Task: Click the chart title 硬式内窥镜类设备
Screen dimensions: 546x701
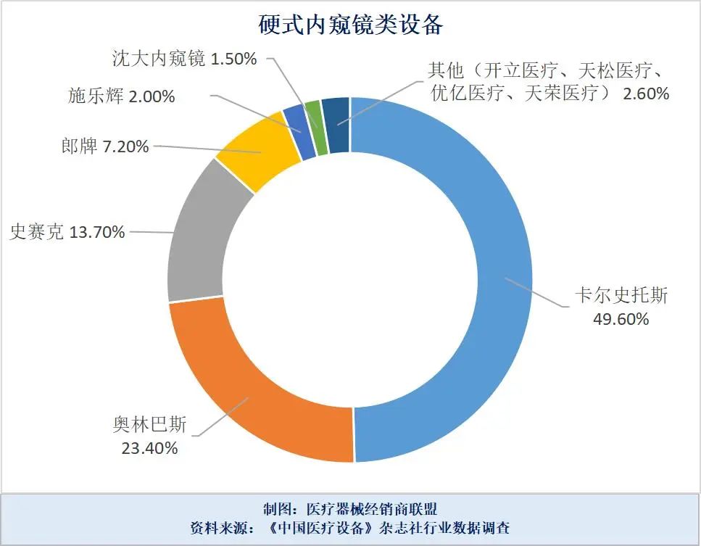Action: pyautogui.click(x=351, y=25)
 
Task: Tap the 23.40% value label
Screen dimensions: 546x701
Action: pyautogui.click(x=149, y=448)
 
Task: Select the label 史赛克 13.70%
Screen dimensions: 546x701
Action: pyautogui.click(x=67, y=232)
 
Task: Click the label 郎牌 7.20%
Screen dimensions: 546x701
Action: pyautogui.click(x=105, y=146)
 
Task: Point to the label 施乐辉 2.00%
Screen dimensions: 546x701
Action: pyautogui.click(x=121, y=96)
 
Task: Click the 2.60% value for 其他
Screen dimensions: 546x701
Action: pyautogui.click(x=644, y=94)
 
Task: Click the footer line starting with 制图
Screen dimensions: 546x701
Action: pyautogui.click(x=349, y=508)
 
